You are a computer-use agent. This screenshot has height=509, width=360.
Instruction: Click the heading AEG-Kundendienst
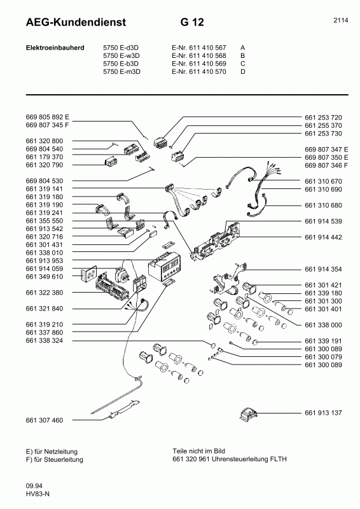76,22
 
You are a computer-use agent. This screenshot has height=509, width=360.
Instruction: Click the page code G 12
192,22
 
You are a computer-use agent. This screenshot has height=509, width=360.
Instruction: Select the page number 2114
340,20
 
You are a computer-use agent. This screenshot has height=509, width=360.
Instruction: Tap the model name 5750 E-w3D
121,55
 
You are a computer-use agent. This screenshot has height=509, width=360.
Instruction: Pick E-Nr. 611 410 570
199,71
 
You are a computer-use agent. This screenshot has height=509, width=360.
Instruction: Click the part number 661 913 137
323,413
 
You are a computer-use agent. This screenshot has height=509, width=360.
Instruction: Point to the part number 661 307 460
44,420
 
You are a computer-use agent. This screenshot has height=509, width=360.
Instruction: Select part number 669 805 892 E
48,117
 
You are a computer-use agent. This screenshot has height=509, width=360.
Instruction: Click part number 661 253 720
323,118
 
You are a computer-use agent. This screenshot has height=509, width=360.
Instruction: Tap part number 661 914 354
323,269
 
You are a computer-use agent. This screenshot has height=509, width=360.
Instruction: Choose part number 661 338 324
44,340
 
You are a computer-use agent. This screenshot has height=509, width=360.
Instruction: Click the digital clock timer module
164,265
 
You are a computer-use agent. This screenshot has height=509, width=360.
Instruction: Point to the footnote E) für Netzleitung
52,452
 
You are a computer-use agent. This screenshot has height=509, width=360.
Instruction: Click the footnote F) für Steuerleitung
54,459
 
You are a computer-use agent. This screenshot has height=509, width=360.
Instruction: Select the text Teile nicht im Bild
198,451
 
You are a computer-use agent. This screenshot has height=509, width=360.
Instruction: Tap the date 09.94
34,486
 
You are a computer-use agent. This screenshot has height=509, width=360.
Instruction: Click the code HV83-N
38,494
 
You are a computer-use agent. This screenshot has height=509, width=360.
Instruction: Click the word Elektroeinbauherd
55,48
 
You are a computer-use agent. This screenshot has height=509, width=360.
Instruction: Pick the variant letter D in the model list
243,71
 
